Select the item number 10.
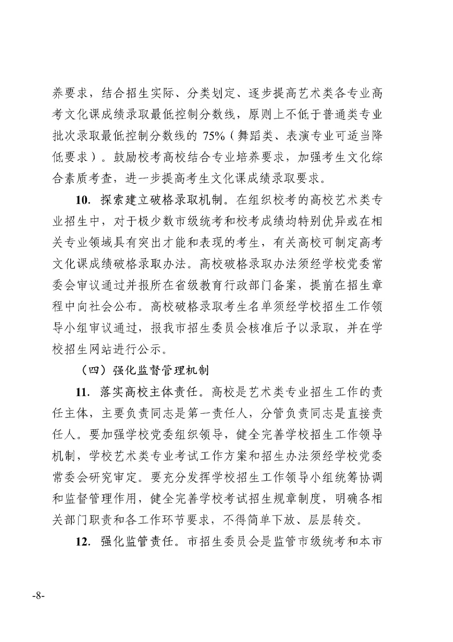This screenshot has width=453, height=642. click(85, 200)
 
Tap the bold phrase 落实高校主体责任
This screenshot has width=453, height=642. click(151, 392)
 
